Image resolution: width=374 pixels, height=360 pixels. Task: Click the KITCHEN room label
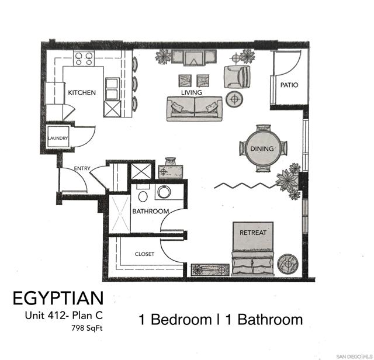(x=82, y=93)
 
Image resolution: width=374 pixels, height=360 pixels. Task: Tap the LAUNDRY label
(x=58, y=139)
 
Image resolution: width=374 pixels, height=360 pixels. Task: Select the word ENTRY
(x=82, y=169)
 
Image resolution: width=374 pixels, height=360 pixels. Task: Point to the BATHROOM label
(x=150, y=211)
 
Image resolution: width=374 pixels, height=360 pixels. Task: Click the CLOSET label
(x=144, y=254)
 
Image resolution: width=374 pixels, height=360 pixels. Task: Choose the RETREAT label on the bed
(x=253, y=233)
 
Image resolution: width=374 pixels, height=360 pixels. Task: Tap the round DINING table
(x=262, y=148)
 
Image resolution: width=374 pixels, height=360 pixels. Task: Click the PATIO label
(x=289, y=85)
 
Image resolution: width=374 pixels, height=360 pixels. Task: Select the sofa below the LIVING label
(x=194, y=108)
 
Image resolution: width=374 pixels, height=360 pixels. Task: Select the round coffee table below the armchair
(x=236, y=99)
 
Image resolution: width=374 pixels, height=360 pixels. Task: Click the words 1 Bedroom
(x=175, y=320)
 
